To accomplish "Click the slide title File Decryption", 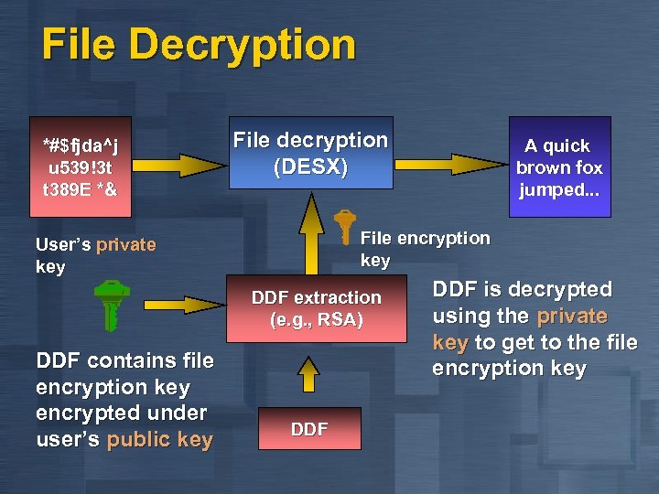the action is (199, 45).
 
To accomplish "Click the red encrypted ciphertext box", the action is (80, 166).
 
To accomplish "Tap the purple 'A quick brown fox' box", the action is (559, 166).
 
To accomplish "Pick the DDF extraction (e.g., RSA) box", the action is (316, 309).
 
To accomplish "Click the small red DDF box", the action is (309, 429).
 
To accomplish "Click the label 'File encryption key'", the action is (425, 249).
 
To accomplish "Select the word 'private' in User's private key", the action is (126, 244).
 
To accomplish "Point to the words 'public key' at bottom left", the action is (159, 439).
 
